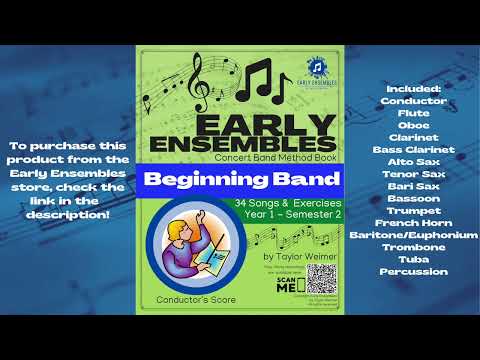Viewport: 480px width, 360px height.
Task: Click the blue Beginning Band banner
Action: [240, 182]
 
